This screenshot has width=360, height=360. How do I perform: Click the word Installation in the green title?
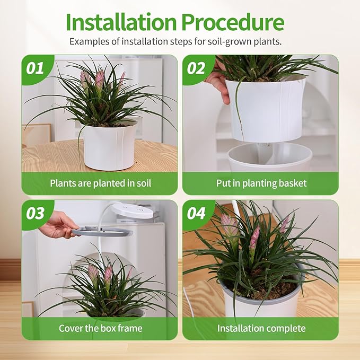click(x=121, y=22)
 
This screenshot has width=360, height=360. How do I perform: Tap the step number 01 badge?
click(x=35, y=68)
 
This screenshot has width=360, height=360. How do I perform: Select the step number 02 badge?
click(x=196, y=68)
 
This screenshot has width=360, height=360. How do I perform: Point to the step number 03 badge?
click(x=35, y=214)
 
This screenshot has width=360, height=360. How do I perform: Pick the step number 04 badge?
click(x=196, y=214)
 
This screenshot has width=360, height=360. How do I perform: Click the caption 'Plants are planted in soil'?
click(x=101, y=183)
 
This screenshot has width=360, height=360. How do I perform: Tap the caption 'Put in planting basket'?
click(x=261, y=183)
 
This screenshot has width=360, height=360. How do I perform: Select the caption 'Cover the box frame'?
click(x=101, y=328)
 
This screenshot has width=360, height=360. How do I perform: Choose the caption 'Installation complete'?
click(x=261, y=328)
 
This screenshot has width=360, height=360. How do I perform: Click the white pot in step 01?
click(x=110, y=147)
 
